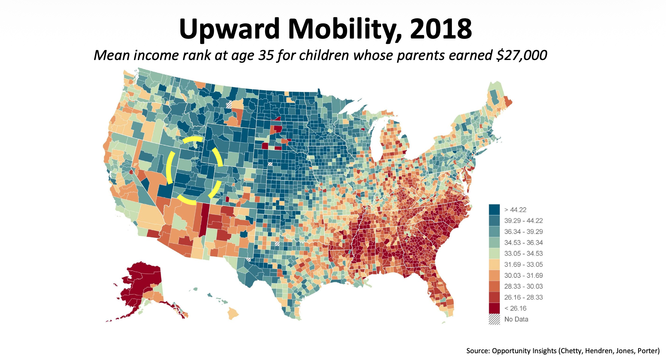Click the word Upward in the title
click(229, 29)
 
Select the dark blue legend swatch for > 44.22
click(494, 209)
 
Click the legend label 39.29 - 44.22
click(523, 221)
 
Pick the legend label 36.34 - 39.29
click(523, 232)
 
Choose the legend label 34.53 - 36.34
click(523, 243)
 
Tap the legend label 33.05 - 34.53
click(523, 254)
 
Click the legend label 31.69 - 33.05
click(523, 265)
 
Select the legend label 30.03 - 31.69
click(523, 275)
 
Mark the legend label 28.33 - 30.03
click(523, 286)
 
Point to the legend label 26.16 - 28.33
click(523, 297)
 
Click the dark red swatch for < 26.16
click(494, 308)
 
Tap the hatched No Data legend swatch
click(494, 319)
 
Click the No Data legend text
click(516, 319)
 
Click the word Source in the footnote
click(478, 351)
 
